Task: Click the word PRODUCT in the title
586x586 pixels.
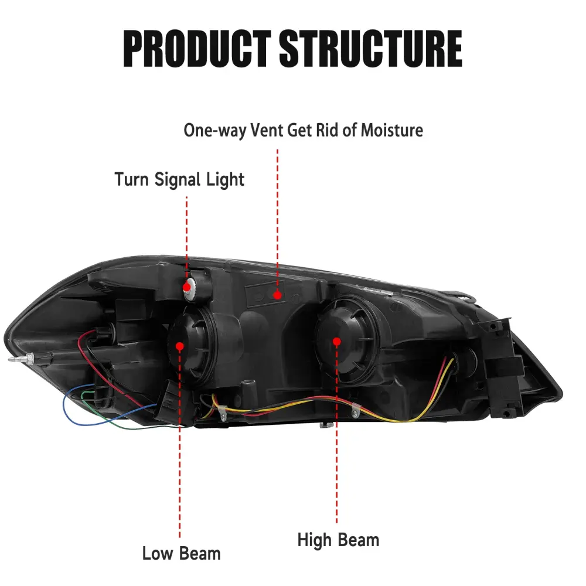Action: coord(197,49)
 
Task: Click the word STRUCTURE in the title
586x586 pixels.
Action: coord(371,49)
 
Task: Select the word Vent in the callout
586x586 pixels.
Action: coord(267,130)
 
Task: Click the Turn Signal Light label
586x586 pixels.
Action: coord(179,179)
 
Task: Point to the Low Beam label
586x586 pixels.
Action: coord(181,553)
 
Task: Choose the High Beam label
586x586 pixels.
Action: coord(338,540)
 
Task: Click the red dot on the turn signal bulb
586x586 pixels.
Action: coord(187,287)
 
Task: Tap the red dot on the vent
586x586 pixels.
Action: coord(277,295)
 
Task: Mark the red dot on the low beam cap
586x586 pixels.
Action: coord(180,346)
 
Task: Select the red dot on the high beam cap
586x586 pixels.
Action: coord(336,341)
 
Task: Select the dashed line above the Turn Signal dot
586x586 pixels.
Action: coord(187,234)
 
